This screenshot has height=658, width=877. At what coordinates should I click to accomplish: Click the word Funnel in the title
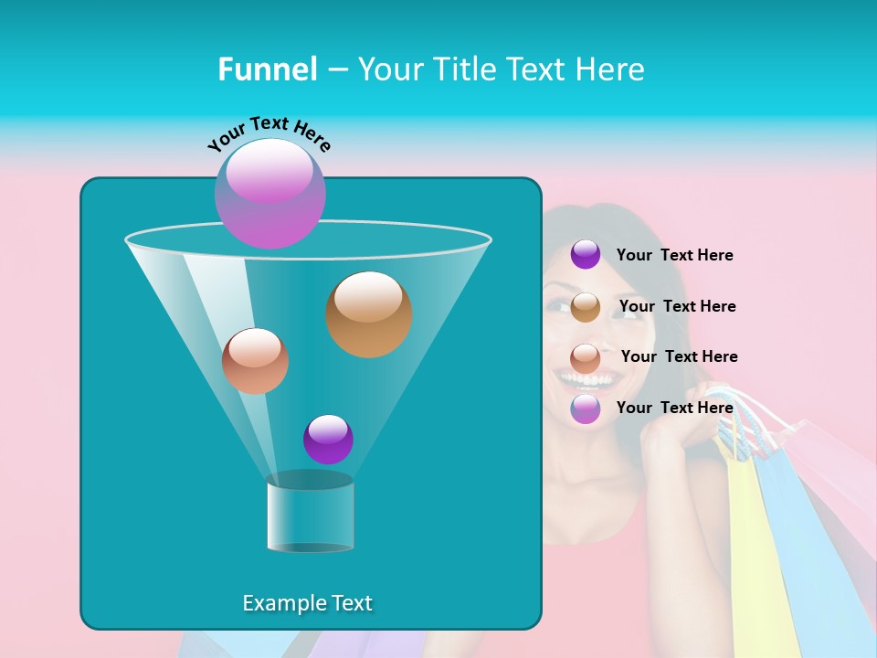point(267,69)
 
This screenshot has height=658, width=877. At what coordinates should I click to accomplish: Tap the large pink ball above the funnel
point(270,193)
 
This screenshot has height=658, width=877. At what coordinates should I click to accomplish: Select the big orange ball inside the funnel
point(369,314)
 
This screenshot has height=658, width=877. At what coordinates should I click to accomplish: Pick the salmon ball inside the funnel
point(255,361)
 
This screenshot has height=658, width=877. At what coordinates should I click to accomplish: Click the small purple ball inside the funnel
point(328,440)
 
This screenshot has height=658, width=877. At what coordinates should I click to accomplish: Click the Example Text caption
point(307,603)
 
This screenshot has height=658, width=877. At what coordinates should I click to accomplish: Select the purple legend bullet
point(586,255)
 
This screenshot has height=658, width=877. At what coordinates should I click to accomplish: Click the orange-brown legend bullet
point(586,307)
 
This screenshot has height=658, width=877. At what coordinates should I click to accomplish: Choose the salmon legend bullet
point(586,357)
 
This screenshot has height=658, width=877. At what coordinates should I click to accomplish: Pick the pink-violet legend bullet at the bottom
point(586,409)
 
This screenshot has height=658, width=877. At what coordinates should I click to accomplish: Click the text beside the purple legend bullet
point(674,256)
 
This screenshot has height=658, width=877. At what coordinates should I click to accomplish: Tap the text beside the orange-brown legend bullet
point(677,307)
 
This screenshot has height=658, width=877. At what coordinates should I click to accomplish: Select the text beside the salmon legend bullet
point(679,357)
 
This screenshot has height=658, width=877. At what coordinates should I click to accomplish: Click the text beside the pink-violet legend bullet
point(674,408)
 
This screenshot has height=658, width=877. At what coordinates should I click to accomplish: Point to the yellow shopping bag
point(751,548)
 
